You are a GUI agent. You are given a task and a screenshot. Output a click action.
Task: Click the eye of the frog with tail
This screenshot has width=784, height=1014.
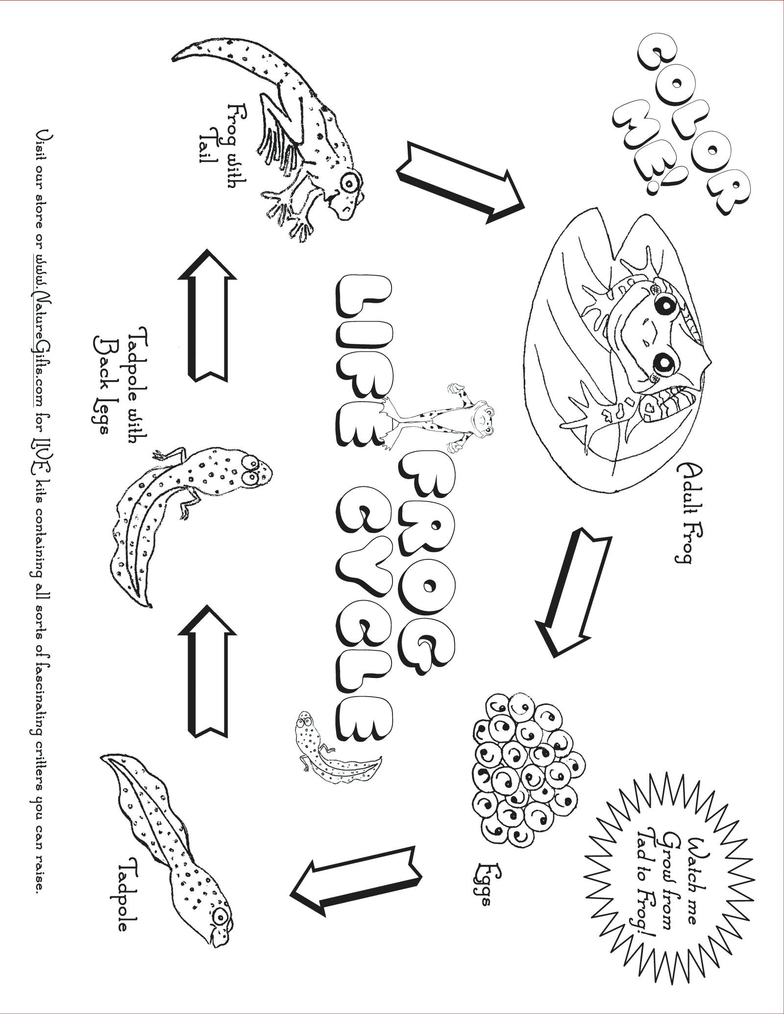(350, 184)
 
